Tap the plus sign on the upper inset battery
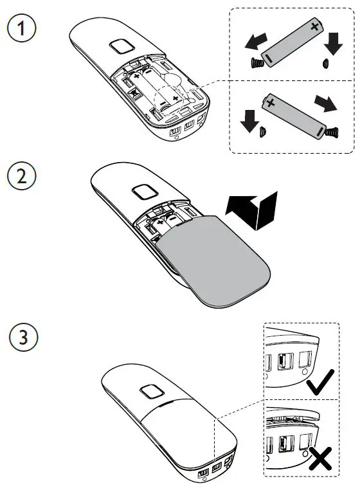click(314, 28)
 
